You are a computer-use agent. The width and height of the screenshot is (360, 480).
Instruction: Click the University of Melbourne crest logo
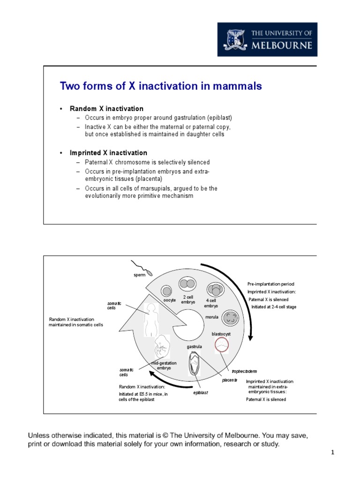(x=236, y=39)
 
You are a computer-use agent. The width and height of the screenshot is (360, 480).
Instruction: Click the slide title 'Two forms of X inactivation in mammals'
(x=161, y=86)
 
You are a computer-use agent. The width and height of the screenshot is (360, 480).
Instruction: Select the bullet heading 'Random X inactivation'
(x=106, y=109)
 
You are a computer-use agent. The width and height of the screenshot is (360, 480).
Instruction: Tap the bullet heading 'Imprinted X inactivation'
(x=108, y=153)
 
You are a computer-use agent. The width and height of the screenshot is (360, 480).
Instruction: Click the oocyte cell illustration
(x=166, y=291)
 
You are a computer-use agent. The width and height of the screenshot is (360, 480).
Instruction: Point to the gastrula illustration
(x=195, y=364)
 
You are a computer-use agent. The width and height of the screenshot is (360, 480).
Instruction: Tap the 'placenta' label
(x=230, y=380)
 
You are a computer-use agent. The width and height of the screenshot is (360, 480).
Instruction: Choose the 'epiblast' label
(x=201, y=393)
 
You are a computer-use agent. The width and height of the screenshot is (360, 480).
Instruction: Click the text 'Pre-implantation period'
(x=271, y=284)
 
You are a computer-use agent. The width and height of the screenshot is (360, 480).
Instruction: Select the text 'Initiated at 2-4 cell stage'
(x=274, y=307)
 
